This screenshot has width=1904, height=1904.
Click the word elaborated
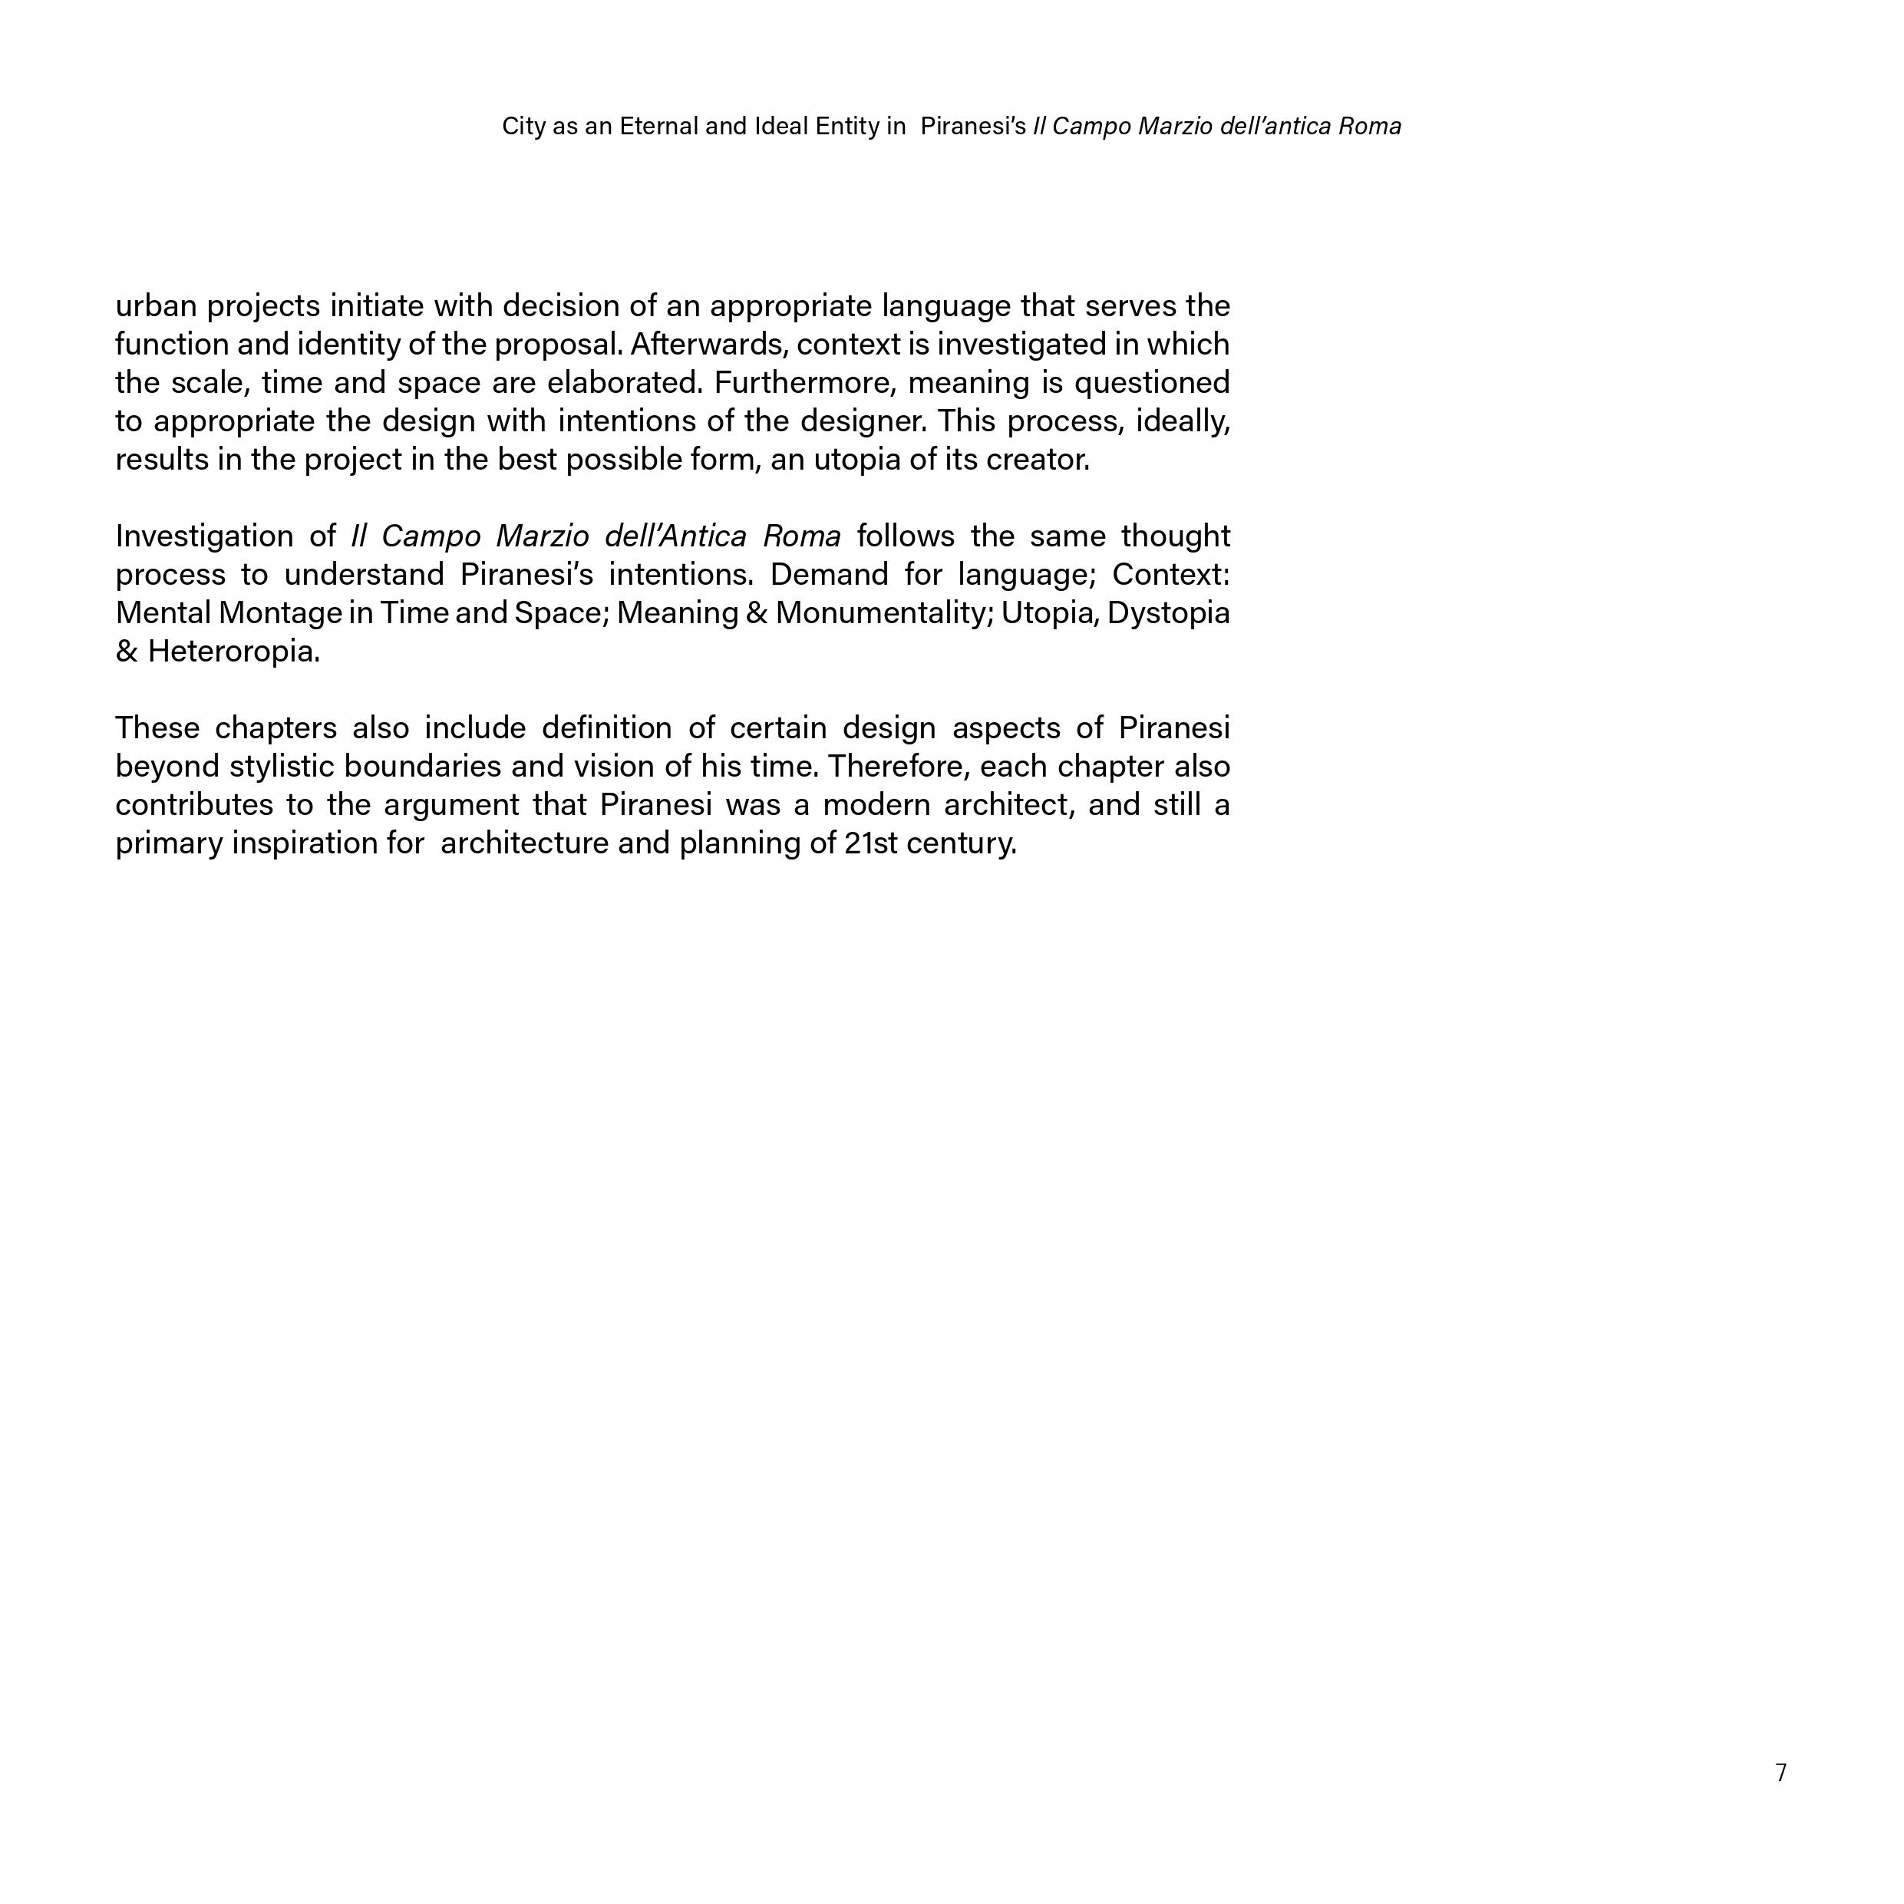(625, 384)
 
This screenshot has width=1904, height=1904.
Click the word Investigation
(204, 537)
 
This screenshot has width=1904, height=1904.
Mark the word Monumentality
(884, 613)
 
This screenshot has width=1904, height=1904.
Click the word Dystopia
(1169, 613)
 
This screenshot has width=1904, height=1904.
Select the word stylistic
(282, 767)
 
